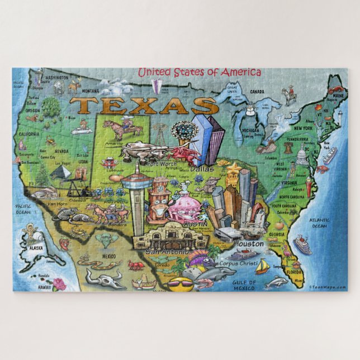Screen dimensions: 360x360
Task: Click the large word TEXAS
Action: click(146, 105)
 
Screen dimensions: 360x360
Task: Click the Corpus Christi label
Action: click(239, 263)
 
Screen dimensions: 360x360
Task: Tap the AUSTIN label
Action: click(195, 224)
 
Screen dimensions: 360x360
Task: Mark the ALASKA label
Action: click(37, 247)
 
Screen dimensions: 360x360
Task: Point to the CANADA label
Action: click(257, 92)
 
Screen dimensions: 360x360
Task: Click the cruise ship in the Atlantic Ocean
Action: click(302, 244)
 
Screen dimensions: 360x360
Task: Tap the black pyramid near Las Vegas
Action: click(60, 174)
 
